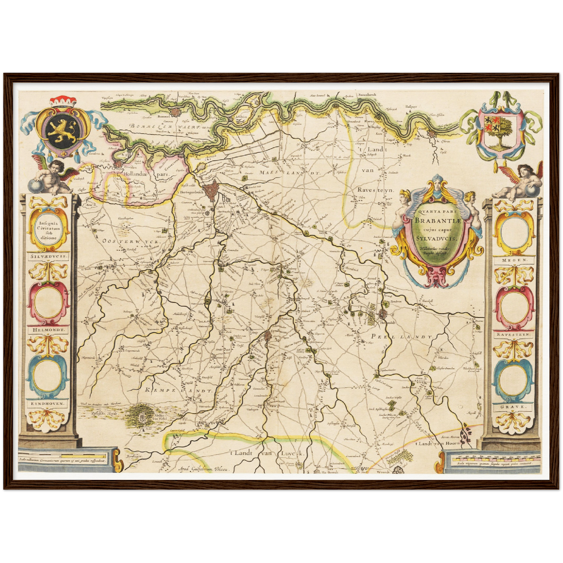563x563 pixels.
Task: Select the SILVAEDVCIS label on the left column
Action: pos(48,257)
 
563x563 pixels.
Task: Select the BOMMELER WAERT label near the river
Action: pos(166,126)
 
